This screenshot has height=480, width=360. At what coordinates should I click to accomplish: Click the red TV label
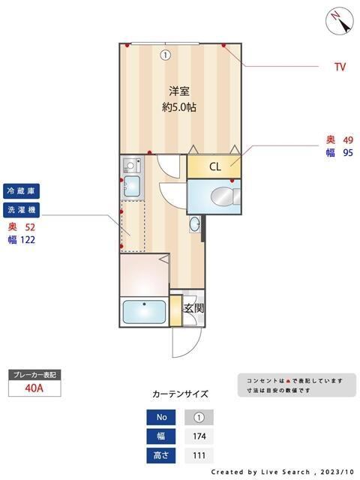(x=340, y=67)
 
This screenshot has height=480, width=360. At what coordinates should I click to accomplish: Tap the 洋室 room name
(x=178, y=91)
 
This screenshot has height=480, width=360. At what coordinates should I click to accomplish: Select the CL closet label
(x=214, y=166)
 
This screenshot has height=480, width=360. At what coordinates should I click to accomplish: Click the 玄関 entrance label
(x=193, y=308)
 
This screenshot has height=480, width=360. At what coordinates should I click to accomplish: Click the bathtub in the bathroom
(x=143, y=311)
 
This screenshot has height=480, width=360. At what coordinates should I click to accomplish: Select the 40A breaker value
(x=34, y=388)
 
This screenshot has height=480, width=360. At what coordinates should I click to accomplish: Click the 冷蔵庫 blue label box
(x=22, y=190)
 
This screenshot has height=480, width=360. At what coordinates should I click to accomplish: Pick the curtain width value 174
(x=199, y=436)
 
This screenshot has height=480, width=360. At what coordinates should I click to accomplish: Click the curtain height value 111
(x=199, y=455)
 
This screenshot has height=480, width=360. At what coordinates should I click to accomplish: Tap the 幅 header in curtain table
(x=161, y=436)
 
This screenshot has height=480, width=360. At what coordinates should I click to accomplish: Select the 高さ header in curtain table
(x=161, y=455)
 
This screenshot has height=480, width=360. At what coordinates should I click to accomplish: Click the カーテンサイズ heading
(x=180, y=394)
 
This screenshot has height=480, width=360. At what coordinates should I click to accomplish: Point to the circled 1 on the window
(x=165, y=54)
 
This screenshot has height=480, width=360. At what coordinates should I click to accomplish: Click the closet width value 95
(x=348, y=153)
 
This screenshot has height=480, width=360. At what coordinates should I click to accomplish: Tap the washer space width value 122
(x=28, y=240)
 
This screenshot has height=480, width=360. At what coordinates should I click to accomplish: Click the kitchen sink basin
(x=132, y=185)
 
